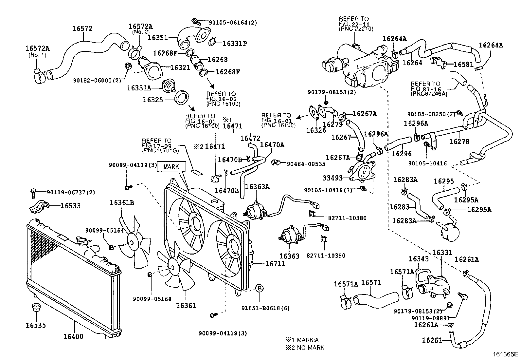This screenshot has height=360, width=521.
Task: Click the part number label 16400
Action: [73, 336]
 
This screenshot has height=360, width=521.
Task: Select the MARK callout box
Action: [171, 166]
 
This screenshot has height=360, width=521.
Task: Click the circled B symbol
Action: [259, 288]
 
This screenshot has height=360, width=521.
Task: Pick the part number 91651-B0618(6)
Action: [265, 308]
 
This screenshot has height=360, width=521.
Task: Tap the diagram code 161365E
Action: [506, 354]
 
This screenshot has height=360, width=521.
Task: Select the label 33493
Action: [333, 178]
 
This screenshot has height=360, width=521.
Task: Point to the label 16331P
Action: [235, 43]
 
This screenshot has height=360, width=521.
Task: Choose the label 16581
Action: [463, 65]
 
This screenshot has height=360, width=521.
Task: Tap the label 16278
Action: [459, 142]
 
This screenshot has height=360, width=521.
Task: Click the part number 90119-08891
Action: [430, 318]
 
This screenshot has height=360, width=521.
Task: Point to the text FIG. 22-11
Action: [354, 24]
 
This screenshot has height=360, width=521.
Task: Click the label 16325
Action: [153, 99]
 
